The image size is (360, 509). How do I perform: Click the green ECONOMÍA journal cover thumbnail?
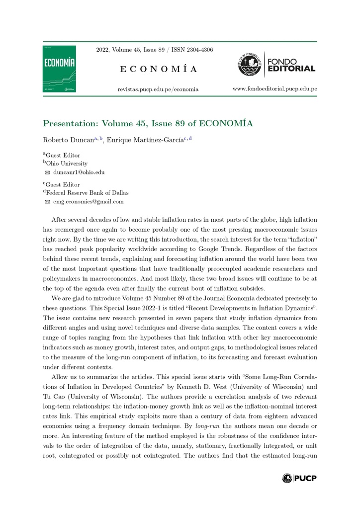click(x=59, y=69)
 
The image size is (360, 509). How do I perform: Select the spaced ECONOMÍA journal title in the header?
click(x=158, y=69)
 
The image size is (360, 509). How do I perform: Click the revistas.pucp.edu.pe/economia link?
click(x=158, y=89)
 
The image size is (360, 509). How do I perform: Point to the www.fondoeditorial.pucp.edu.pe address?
click(x=275, y=88)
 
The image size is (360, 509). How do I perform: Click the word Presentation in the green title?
click(x=68, y=123)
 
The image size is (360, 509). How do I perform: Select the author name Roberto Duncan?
click(x=68, y=140)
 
